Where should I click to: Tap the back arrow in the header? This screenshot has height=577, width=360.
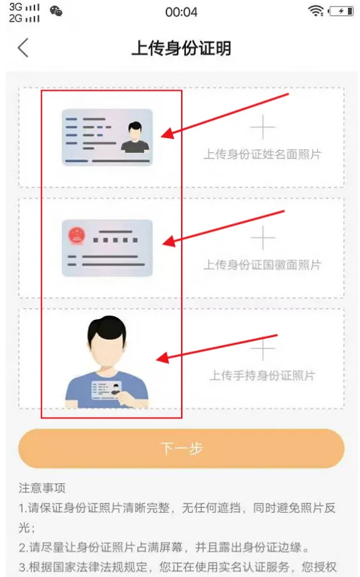[23, 47]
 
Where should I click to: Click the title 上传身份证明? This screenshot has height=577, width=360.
[182, 48]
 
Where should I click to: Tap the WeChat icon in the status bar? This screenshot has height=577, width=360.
[56, 12]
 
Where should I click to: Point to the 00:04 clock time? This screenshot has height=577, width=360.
[181, 12]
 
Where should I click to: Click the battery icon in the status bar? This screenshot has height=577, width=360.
[341, 11]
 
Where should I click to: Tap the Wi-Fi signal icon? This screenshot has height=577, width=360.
[316, 11]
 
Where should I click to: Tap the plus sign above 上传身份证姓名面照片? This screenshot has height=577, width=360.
[263, 128]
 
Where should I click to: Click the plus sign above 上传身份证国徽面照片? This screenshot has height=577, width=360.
[263, 237]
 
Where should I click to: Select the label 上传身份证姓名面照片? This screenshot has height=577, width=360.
[263, 154]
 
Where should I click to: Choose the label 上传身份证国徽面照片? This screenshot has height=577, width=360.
[263, 265]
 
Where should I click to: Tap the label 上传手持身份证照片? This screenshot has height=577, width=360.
[263, 376]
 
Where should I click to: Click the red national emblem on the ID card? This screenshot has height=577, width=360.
[77, 236]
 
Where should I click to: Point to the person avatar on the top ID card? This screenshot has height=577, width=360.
[135, 137]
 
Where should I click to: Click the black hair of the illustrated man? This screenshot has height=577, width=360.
[107, 329]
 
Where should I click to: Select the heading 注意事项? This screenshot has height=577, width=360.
[42, 488]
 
